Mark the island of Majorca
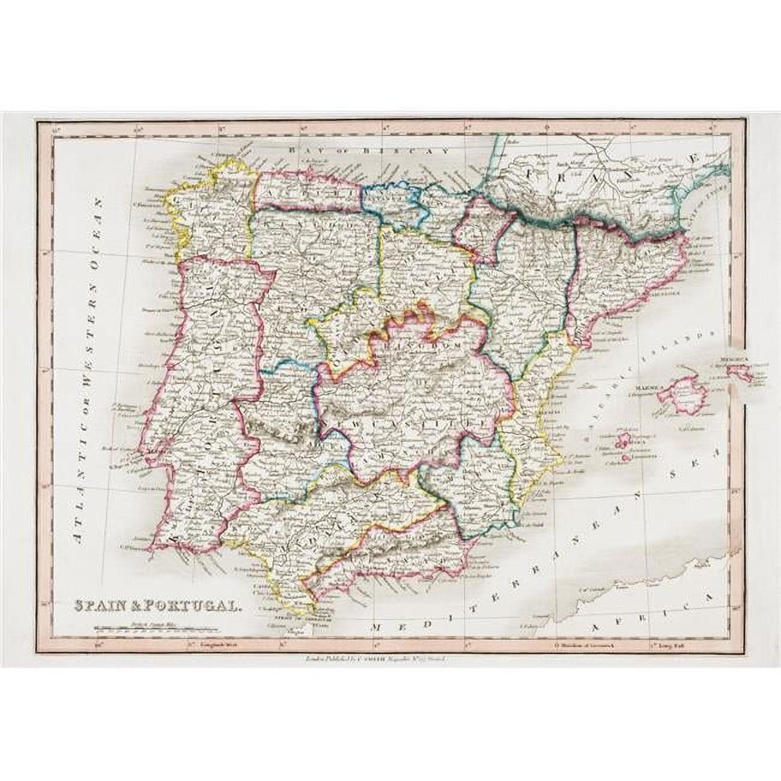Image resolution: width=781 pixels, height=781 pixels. (682, 397)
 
